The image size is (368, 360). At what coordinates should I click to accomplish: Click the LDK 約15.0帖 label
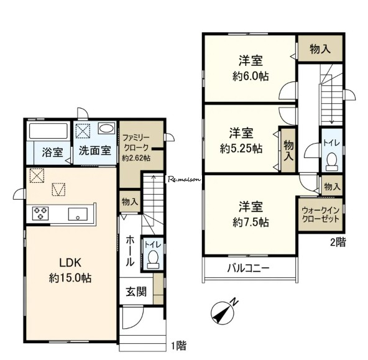point(70,270)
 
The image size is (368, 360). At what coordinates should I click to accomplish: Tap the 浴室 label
point(53,152)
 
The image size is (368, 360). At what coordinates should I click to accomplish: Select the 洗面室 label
point(95,150)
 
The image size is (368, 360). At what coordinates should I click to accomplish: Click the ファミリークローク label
point(136,142)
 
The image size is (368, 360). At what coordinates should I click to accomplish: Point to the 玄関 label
point(136,292)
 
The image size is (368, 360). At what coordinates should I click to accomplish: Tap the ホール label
point(131,251)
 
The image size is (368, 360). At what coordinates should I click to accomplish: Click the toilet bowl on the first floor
point(153,259)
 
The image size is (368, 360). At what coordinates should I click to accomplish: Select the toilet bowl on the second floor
point(331,162)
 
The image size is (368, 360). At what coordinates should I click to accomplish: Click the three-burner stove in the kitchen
point(40,213)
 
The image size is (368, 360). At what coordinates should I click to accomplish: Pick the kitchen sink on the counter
point(78,214)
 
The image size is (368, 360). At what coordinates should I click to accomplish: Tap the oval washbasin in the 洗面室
point(106,129)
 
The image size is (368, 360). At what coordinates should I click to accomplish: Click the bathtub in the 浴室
point(48,131)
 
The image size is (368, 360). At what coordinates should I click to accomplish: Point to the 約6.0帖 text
point(251,76)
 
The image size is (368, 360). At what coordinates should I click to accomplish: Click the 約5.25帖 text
point(241,149)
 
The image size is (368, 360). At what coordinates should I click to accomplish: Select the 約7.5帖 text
point(251,222)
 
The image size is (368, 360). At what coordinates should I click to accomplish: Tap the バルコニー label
point(248,268)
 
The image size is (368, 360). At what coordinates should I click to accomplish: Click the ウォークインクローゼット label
point(321,215)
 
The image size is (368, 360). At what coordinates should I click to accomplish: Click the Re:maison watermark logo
point(184,180)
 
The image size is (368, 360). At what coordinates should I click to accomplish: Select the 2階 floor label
point(338,242)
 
